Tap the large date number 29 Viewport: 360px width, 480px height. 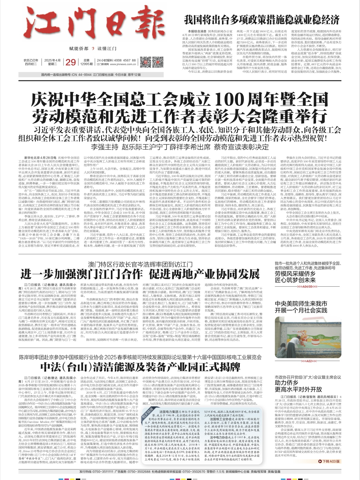click(71, 62)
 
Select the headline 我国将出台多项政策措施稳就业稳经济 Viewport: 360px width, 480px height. click(262, 20)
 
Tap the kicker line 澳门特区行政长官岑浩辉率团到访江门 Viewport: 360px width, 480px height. click(140, 264)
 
